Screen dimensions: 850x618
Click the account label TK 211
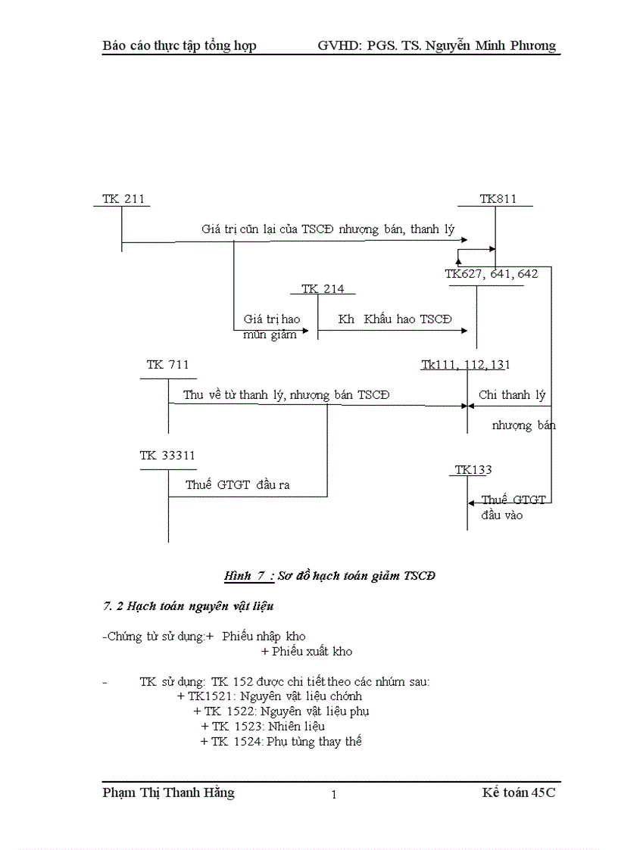coord(122,199)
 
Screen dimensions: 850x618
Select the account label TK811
coord(498,199)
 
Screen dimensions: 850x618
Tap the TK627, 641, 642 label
coord(491,274)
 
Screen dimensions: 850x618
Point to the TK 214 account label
coord(322,288)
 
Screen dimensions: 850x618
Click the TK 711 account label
coord(167,365)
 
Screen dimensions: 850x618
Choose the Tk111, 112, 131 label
coord(465,365)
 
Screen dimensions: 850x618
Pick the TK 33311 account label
coord(167,455)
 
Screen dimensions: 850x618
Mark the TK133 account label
coord(473,470)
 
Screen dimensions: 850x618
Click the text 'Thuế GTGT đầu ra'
coord(238,485)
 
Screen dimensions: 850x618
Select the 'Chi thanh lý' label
coord(511,395)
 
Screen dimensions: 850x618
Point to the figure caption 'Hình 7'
coord(244,576)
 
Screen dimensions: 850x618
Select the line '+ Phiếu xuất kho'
coord(306,651)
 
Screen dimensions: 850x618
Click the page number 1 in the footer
coord(333,795)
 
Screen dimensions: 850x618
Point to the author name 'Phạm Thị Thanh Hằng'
coord(168,792)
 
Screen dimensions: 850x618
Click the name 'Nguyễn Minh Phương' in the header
coord(490,45)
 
